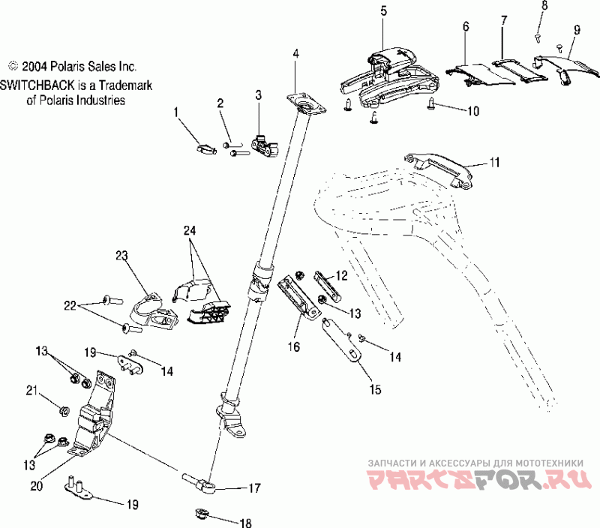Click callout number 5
click(x=384, y=10)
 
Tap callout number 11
click(x=494, y=161)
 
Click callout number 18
click(x=246, y=523)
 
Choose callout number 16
click(x=293, y=347)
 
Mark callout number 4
click(x=295, y=53)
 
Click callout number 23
click(x=122, y=256)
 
